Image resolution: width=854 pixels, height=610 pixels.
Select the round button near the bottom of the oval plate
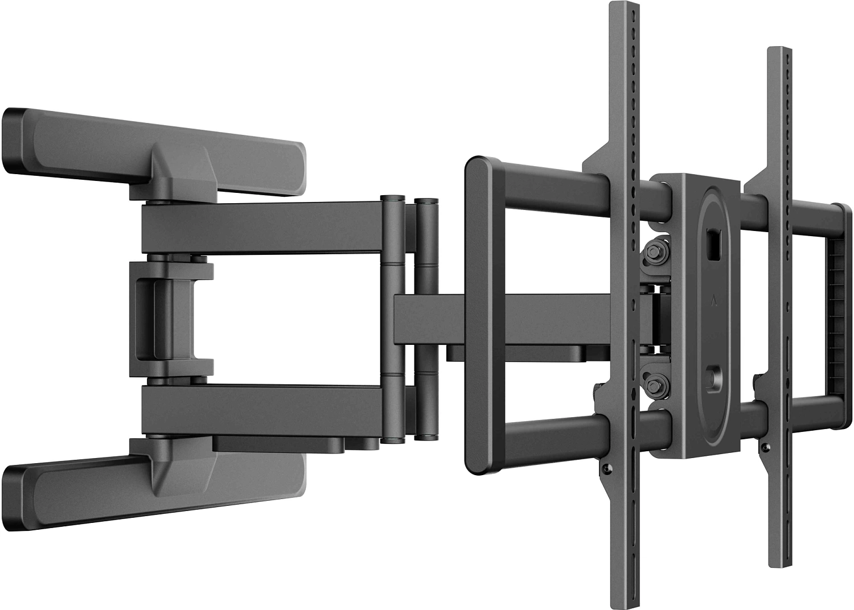(713, 377)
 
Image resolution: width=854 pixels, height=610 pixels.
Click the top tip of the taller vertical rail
(621, 7)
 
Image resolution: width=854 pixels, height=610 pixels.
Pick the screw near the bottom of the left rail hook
(606, 468)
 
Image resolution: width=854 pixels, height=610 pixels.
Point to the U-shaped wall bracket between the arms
(165, 319)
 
